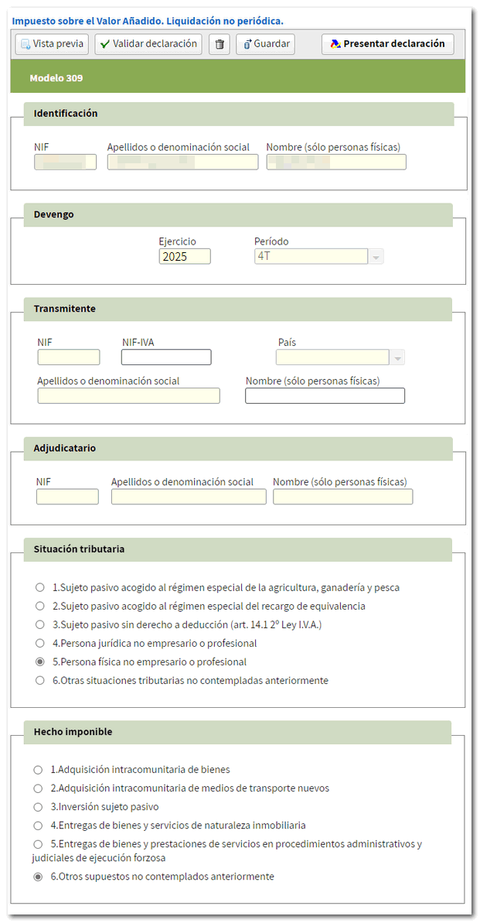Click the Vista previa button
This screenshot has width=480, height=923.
52,44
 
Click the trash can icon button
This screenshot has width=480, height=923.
220,44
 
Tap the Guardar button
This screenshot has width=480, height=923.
264,44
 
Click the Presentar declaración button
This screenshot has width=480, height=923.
387,44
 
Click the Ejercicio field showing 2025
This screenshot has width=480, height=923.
184,257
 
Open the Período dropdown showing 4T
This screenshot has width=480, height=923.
376,257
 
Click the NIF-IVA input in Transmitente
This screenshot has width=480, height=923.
166,357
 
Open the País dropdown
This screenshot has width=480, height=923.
398,357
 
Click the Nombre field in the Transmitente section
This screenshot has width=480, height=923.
325,396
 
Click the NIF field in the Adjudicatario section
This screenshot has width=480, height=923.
67,497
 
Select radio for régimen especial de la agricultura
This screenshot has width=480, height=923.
40,587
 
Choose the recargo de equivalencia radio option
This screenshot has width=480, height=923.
40,606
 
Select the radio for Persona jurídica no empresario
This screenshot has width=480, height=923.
40,643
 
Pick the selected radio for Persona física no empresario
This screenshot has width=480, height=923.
40,662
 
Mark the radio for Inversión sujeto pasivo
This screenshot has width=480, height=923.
38,807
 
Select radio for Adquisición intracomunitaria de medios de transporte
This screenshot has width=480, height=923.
38,788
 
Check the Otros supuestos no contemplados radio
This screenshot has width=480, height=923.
38,877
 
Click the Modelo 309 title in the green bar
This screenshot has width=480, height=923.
56,78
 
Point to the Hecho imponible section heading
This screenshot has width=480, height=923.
73,731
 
